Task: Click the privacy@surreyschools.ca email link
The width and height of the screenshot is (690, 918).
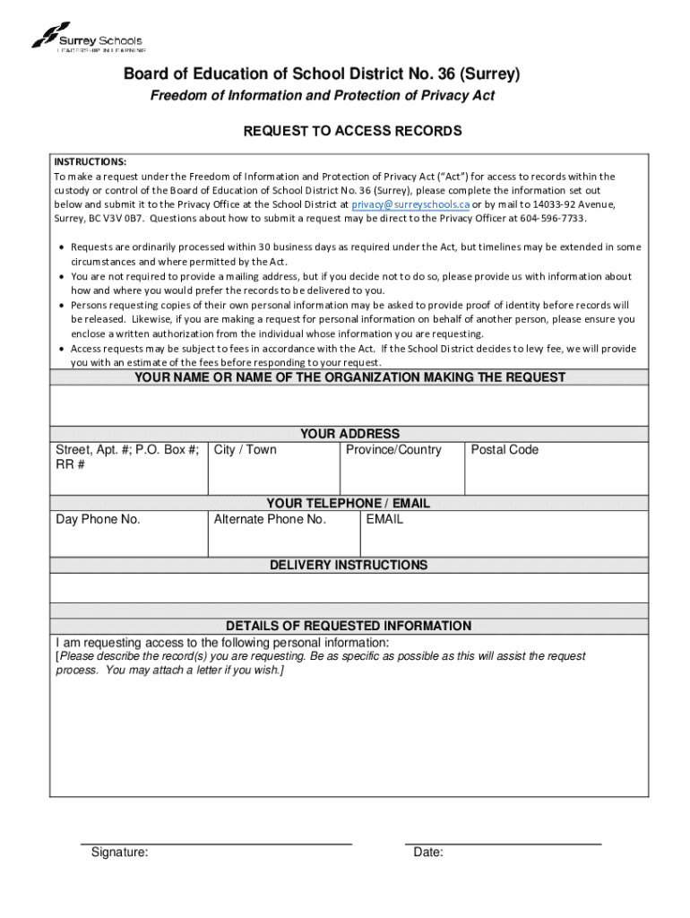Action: (410, 204)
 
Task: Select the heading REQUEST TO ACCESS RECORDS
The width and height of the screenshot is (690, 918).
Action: (353, 131)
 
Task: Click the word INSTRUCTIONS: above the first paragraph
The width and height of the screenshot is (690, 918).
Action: (90, 162)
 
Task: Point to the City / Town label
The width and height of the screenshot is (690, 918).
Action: (246, 450)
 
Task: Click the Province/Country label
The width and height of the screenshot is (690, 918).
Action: (393, 450)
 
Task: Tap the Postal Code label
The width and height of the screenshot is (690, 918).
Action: (505, 450)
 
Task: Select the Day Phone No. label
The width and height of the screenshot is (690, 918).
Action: (99, 519)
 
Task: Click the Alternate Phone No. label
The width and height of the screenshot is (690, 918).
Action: (270, 519)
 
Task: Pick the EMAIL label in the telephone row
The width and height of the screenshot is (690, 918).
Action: (384, 519)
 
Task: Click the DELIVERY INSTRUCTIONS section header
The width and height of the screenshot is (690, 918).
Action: (349, 565)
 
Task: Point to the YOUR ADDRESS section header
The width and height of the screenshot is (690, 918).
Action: (349, 434)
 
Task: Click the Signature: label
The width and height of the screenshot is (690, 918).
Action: (120, 853)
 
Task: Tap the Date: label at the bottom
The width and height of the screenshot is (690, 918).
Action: (428, 853)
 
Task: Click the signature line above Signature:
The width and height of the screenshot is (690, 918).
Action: (216, 844)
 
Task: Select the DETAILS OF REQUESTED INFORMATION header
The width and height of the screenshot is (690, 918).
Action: (349, 626)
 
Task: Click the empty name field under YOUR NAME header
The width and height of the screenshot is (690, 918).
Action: (349, 405)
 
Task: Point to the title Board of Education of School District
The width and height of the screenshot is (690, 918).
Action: (321, 74)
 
